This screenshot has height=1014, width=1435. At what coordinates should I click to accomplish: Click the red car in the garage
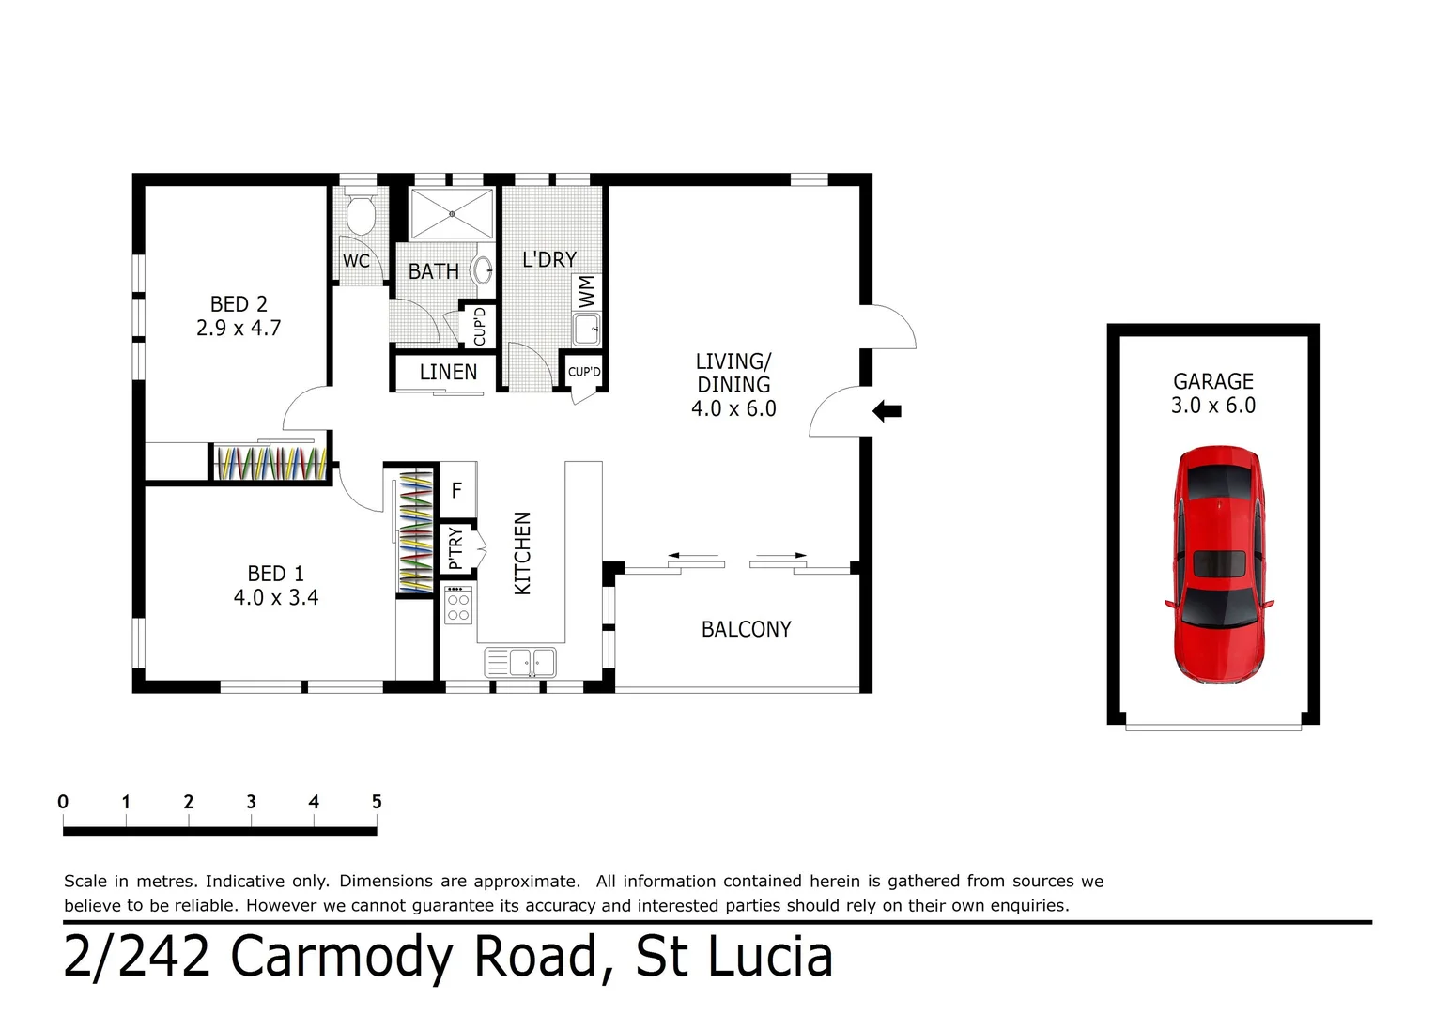(x=1219, y=563)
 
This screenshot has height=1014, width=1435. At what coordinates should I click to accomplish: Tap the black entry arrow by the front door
(x=887, y=411)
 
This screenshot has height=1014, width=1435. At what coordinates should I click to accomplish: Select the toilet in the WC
(x=361, y=214)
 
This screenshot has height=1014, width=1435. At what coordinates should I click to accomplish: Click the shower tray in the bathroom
(x=452, y=214)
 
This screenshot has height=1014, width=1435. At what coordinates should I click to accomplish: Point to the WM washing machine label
(x=587, y=291)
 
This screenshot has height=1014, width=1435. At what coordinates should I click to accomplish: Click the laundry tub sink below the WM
(x=587, y=330)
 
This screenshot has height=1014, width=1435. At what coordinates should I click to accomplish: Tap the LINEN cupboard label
(x=448, y=373)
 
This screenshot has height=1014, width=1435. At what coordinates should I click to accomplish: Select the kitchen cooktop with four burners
(x=458, y=605)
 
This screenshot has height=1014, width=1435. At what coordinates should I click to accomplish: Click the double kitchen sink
(x=520, y=663)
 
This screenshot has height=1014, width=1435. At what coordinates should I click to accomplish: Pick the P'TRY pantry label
(x=456, y=548)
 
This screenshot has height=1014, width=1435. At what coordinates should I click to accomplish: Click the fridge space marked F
(x=457, y=490)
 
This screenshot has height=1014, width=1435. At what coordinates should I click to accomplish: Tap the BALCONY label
(x=746, y=630)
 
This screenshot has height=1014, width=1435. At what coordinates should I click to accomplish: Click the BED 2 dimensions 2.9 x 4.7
(x=239, y=329)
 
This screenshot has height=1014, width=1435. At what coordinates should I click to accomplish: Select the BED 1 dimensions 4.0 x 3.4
(x=276, y=598)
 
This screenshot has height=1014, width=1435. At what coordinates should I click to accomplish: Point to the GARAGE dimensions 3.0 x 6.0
(x=1212, y=406)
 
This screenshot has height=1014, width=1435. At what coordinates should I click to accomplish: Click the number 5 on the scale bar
(x=377, y=802)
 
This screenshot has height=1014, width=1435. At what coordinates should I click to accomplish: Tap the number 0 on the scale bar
(x=63, y=802)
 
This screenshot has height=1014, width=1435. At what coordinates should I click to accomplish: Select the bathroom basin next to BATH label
(x=482, y=270)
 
